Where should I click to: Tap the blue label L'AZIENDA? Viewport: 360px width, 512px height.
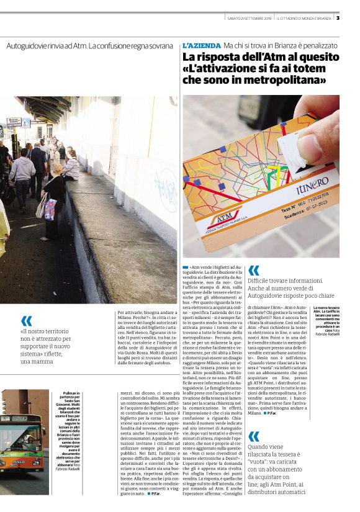(x=201, y=46)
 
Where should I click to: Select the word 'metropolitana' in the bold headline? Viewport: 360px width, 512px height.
(x=282, y=81)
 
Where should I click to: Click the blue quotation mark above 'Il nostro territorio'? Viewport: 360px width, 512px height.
(x=26, y=320)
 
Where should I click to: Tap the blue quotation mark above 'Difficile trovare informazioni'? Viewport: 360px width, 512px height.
(x=253, y=271)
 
